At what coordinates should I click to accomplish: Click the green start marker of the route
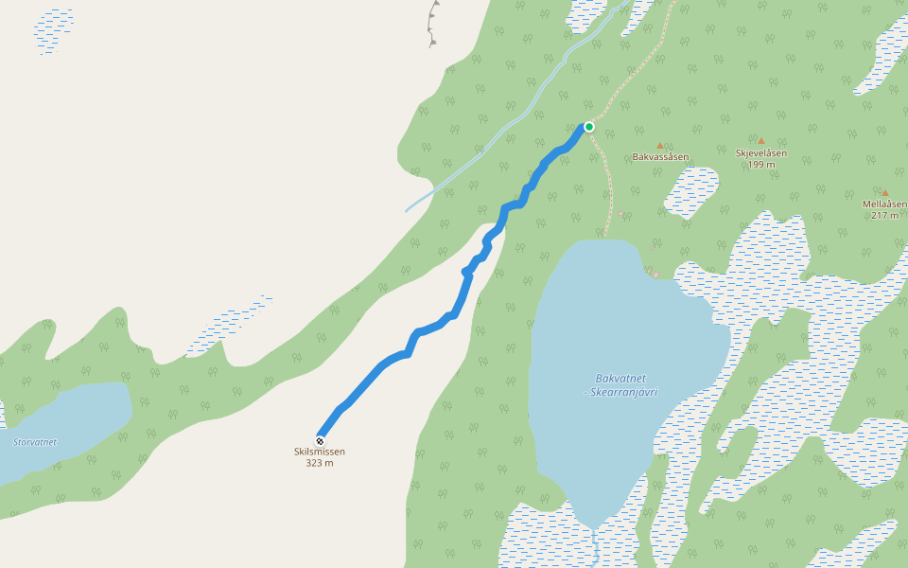click(x=588, y=127)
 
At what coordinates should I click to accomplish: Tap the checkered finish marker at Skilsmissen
click(x=320, y=441)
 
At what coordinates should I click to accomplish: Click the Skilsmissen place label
click(x=320, y=452)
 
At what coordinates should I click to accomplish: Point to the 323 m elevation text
click(x=320, y=463)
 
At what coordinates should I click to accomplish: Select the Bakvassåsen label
click(x=660, y=157)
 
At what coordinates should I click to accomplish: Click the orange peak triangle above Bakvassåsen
click(x=660, y=146)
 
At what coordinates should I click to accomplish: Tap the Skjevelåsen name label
click(x=761, y=152)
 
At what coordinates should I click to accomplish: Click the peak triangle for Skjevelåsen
click(x=760, y=140)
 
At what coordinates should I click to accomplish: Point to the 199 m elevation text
click(x=761, y=164)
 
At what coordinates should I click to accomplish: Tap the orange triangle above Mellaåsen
click(x=885, y=193)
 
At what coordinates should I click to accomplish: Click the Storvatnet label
click(x=35, y=442)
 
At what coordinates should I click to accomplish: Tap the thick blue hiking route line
click(x=378, y=368)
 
